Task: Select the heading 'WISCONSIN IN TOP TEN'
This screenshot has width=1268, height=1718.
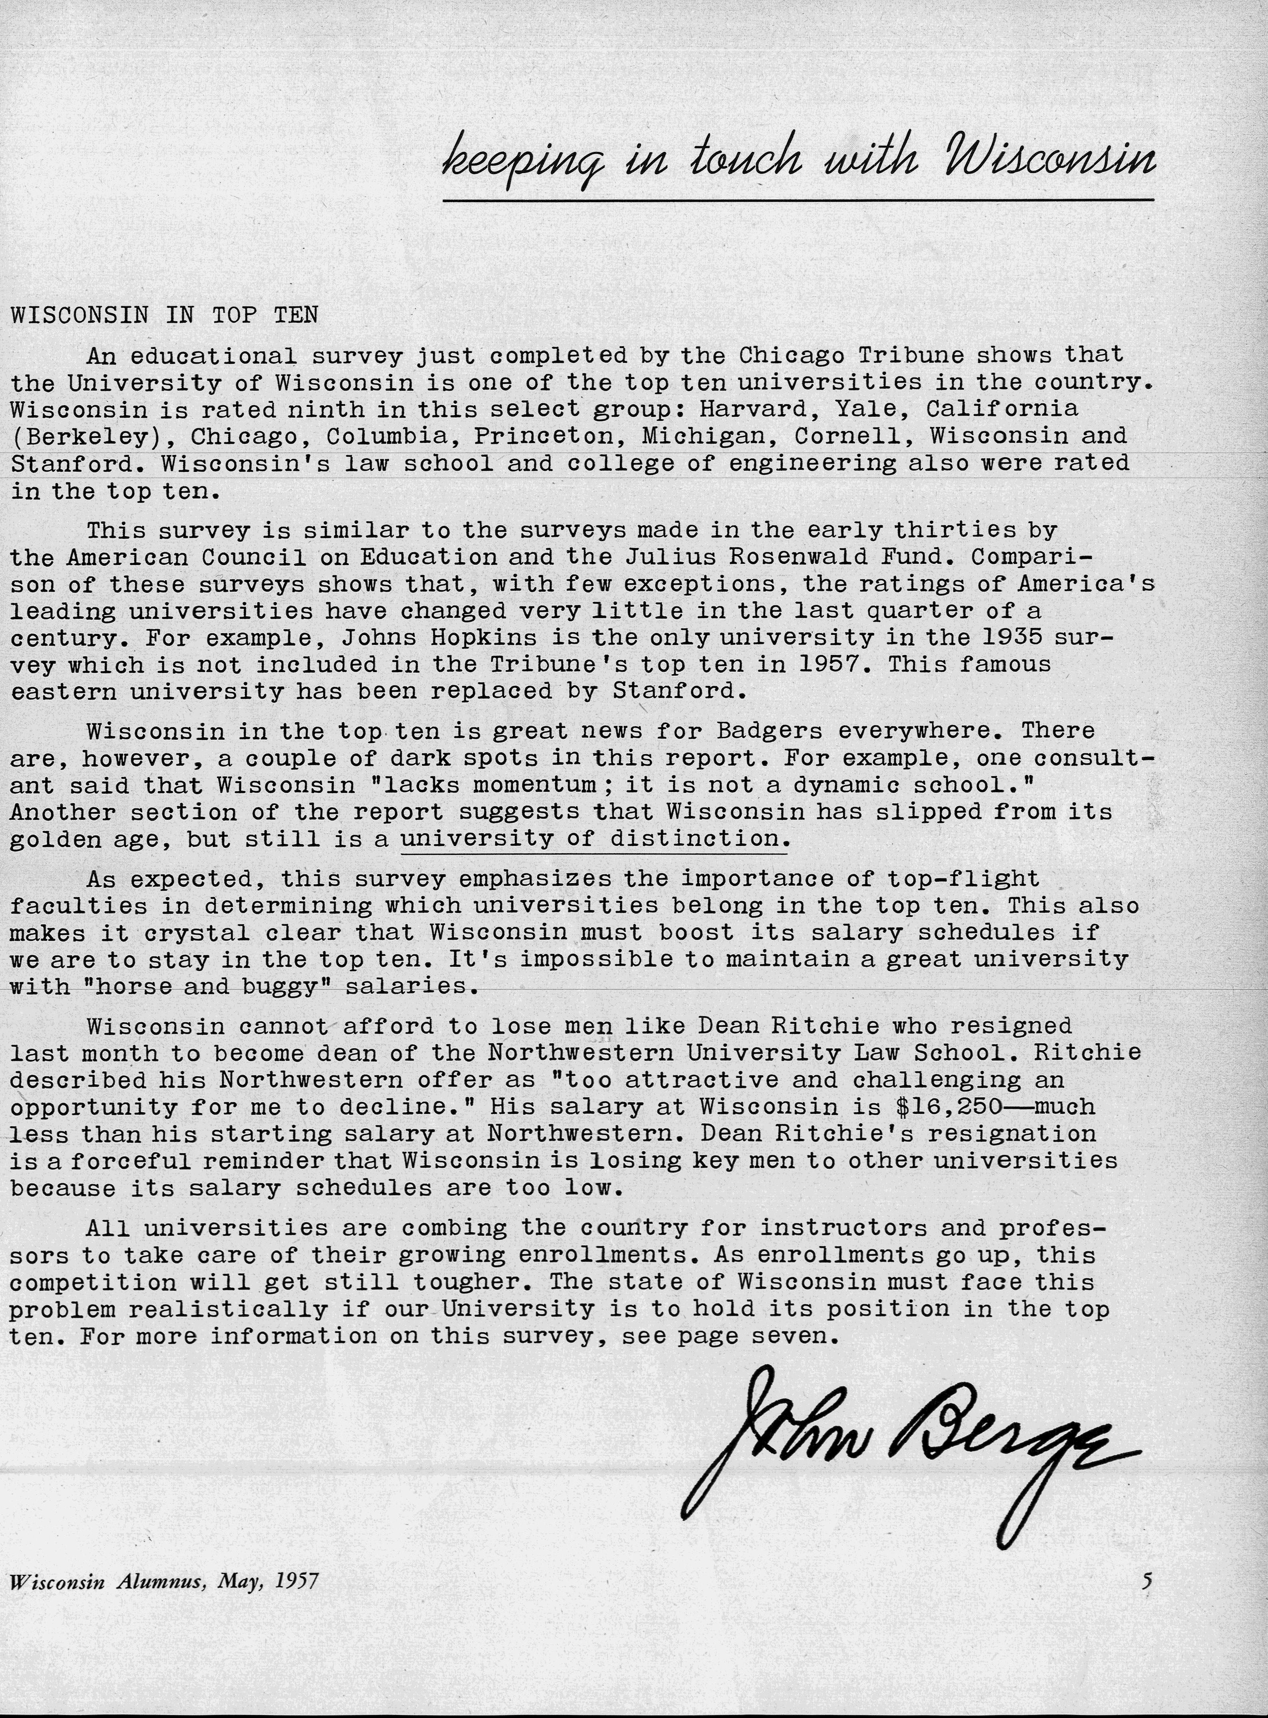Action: point(164,315)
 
